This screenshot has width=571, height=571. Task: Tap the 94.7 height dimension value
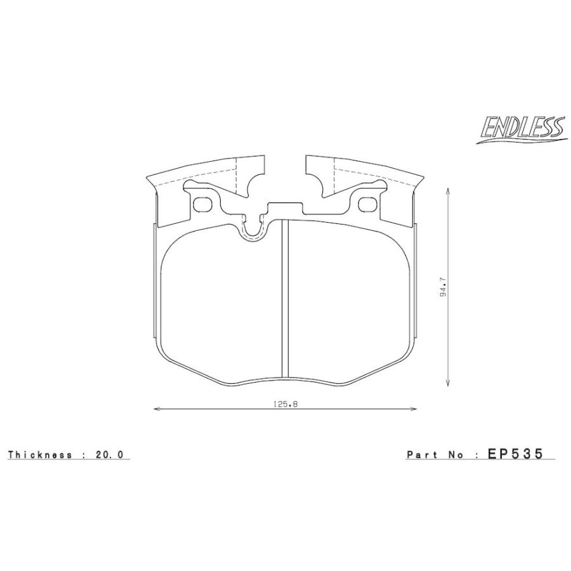click(x=443, y=287)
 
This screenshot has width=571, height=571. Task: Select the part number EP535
click(x=515, y=454)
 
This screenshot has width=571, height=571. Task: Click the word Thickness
click(x=40, y=454)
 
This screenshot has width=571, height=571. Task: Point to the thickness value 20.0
click(x=110, y=454)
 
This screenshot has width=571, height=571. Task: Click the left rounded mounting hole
click(x=202, y=204)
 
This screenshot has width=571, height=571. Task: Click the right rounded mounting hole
click(x=368, y=204)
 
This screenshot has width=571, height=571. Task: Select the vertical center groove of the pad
click(x=285, y=299)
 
